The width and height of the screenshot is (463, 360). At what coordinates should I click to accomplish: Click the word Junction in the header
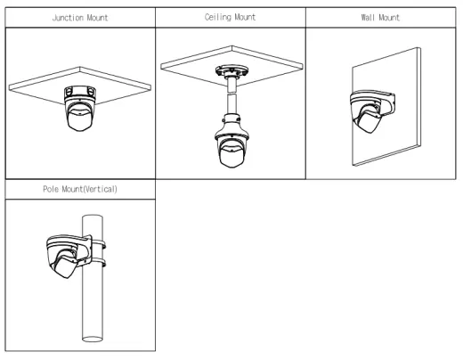coord(68,18)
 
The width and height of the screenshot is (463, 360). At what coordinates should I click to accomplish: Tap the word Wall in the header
coord(368,18)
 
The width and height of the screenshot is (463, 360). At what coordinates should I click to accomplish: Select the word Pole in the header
coord(51,189)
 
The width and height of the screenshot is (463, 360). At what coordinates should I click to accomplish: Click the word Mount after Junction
coord(97,18)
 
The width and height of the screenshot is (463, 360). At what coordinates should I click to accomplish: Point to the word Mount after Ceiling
coord(245,17)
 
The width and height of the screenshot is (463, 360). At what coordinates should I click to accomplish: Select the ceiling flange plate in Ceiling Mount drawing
coord(231,71)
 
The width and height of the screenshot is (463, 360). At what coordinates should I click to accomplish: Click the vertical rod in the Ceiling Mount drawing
coord(231,95)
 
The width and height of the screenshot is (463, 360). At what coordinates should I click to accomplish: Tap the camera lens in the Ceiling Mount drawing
coord(231,155)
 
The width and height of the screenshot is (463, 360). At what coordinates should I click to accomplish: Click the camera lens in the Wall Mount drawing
coord(369,121)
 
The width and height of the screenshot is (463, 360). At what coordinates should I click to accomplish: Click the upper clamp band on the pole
coord(98,245)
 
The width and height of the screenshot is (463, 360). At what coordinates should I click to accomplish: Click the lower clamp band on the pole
coord(97,263)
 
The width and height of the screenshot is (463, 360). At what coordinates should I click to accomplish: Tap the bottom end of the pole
coord(93,339)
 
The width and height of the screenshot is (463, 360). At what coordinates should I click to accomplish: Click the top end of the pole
coord(93,217)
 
